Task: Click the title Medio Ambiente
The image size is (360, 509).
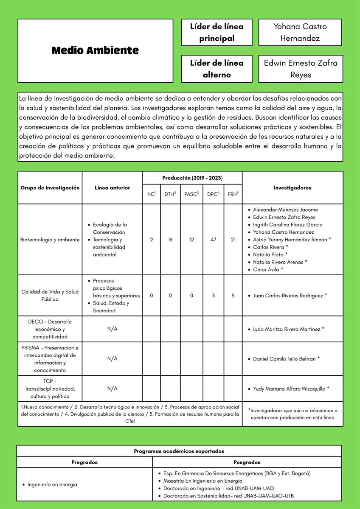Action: (x=95, y=50)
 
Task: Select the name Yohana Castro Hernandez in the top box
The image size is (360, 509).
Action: (x=300, y=32)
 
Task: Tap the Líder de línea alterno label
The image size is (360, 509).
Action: (x=217, y=69)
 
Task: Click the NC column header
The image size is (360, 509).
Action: (x=152, y=194)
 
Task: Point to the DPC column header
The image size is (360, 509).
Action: (x=213, y=194)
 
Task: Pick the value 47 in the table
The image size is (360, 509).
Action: (x=213, y=240)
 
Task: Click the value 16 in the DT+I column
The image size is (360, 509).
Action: (x=170, y=240)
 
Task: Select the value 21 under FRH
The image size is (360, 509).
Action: (x=233, y=240)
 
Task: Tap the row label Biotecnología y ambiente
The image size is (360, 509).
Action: (x=50, y=240)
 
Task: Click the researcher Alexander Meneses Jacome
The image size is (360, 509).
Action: (x=285, y=210)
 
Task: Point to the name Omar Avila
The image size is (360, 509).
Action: (x=266, y=269)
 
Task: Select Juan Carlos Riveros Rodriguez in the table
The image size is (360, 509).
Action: (x=288, y=295)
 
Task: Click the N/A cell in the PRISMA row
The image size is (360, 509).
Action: (x=112, y=359)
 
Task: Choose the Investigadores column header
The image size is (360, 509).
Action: (x=292, y=187)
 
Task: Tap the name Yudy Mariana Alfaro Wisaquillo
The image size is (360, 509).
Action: (x=289, y=389)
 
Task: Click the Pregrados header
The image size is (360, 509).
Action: (x=84, y=462)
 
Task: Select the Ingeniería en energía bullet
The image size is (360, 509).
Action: (x=52, y=484)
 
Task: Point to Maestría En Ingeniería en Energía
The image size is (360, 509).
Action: (x=202, y=481)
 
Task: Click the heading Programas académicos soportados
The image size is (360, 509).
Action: (x=179, y=451)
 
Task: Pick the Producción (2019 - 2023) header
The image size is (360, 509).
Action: (x=192, y=178)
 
